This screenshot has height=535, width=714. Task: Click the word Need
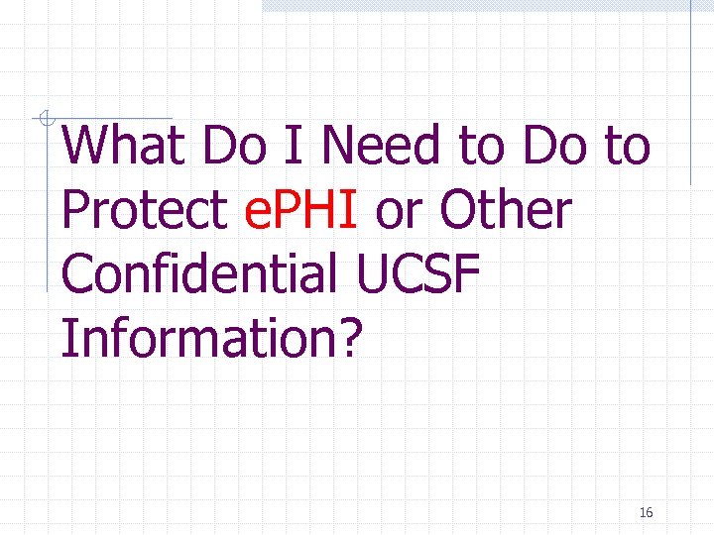383,147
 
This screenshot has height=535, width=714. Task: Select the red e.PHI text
299,211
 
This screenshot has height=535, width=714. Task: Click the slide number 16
646,512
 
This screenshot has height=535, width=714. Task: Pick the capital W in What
85,147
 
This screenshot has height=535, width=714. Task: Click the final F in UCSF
471,274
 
